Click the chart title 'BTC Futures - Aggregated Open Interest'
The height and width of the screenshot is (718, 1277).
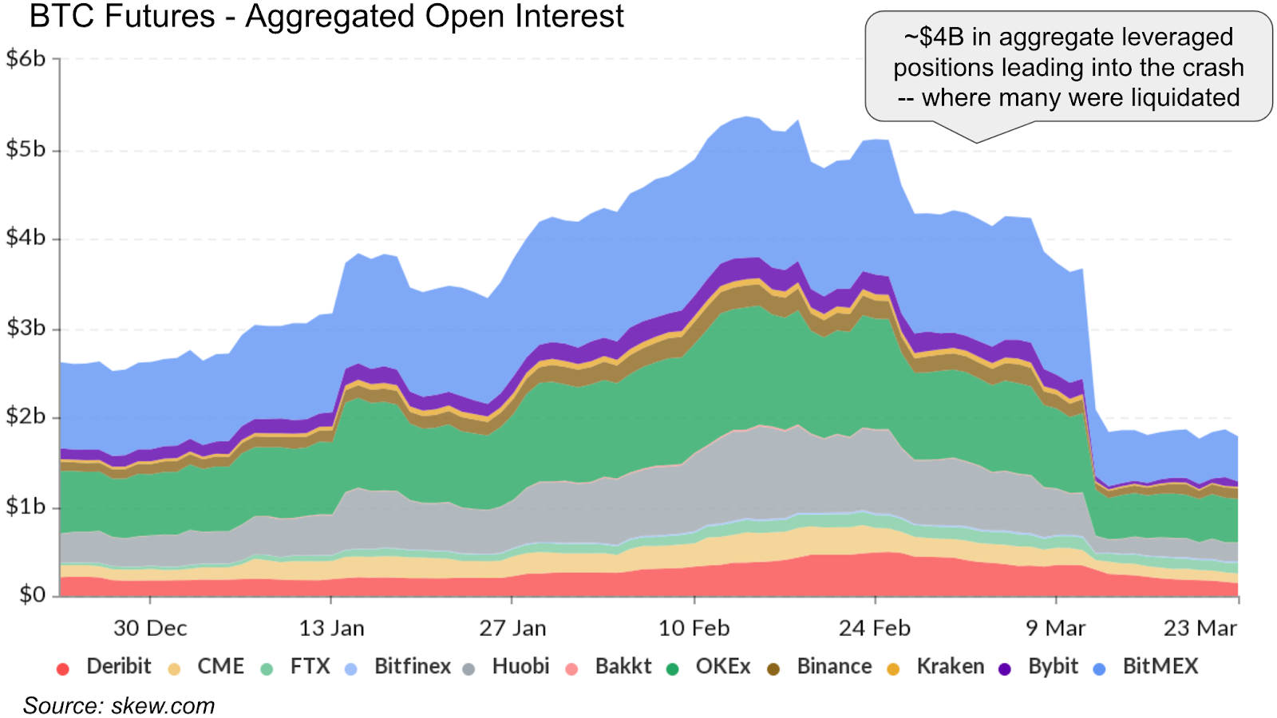(x=326, y=16)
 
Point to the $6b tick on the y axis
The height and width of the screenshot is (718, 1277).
(x=26, y=58)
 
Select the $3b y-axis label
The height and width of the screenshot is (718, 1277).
(x=26, y=328)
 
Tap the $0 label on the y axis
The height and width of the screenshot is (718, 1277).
(x=33, y=595)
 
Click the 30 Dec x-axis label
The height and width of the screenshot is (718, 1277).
(x=150, y=628)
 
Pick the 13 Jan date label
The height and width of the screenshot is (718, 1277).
(x=331, y=628)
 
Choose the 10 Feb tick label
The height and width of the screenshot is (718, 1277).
(x=694, y=628)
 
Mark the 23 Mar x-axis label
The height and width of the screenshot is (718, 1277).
(x=1200, y=628)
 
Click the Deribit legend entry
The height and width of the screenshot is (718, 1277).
(x=104, y=666)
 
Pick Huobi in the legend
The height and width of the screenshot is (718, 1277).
(x=506, y=666)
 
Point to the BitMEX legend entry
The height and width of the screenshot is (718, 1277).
(x=1146, y=666)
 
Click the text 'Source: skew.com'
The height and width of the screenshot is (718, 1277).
(x=119, y=705)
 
